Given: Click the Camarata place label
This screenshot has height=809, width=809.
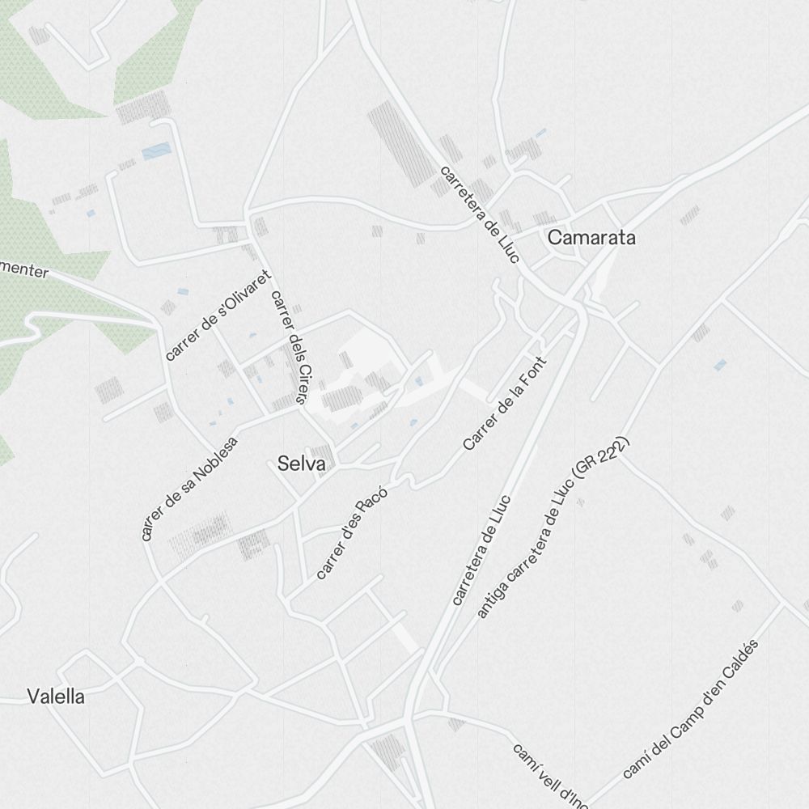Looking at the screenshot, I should click(591, 238).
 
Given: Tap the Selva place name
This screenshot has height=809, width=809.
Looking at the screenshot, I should click(301, 464).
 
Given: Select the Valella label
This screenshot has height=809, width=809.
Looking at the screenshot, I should click(56, 696).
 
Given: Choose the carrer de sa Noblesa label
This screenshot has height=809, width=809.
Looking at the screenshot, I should click(189, 489).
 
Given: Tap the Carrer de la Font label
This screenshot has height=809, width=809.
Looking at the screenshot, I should click(506, 403).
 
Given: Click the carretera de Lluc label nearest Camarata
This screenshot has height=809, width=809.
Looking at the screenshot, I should click(481, 214).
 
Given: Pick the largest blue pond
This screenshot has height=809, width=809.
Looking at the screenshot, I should click(157, 151).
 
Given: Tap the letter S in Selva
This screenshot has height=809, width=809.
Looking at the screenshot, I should click(282, 464).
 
